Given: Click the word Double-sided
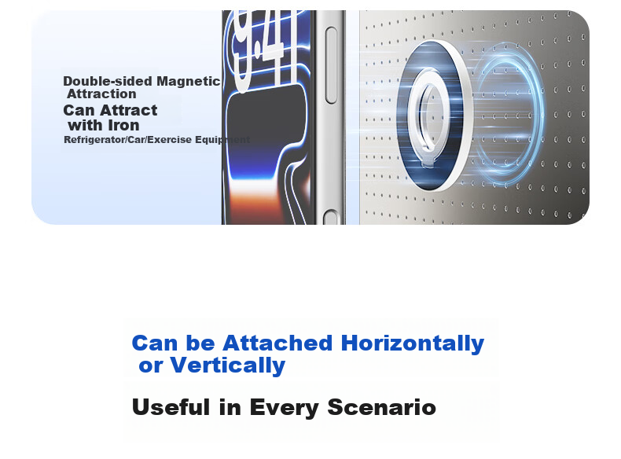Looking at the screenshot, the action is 108,81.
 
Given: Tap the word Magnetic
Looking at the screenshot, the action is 188,81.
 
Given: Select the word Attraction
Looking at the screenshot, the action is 101,94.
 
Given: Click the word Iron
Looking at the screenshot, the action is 123,125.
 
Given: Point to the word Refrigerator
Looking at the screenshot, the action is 94,140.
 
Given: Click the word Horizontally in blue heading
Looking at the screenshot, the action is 412,343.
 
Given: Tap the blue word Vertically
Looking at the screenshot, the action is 228,365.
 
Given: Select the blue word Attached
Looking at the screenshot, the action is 277,343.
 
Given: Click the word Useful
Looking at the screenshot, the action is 171,406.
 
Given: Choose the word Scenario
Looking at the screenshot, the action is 382,406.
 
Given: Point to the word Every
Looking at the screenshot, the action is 284,408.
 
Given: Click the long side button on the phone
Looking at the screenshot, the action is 331,65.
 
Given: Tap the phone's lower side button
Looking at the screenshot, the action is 331,218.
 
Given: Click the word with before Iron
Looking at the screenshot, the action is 86,125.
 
